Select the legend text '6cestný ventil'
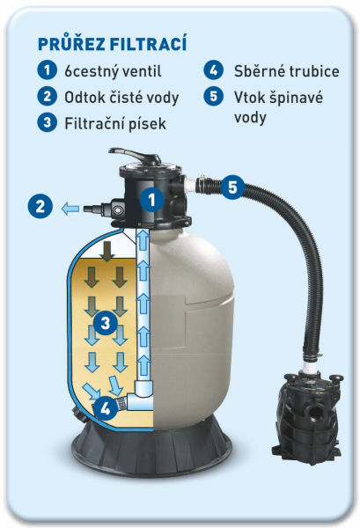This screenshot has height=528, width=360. [113, 71]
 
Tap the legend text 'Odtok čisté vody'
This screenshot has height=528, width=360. [121, 98]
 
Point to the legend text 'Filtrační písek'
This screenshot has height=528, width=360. [115, 123]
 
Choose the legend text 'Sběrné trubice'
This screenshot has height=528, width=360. [287, 71]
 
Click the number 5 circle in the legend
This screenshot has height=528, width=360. [214, 96]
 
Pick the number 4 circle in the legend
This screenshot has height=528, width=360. [214, 70]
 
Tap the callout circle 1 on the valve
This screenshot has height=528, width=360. [152, 200]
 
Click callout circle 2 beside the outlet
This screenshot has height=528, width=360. [40, 206]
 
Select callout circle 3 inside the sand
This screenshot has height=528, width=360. [106, 323]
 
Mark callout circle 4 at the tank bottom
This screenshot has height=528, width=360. [105, 408]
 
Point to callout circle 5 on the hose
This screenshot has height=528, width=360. [232, 187]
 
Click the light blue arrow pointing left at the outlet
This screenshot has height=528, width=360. [70, 209]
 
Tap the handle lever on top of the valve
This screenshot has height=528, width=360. [136, 156]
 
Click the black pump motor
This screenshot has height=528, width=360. [308, 417]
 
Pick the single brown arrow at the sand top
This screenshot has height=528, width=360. [107, 251]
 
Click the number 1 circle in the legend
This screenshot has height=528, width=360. [48, 70]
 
